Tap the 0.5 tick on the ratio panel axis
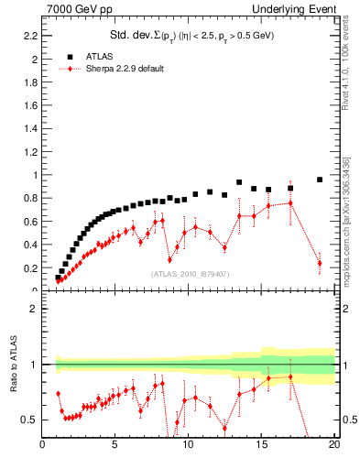point(31,420)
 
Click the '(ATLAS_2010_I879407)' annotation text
point(190,273)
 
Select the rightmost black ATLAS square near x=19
point(320,180)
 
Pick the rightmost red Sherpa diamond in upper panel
point(320,263)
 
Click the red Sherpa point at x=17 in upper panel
point(290,202)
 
